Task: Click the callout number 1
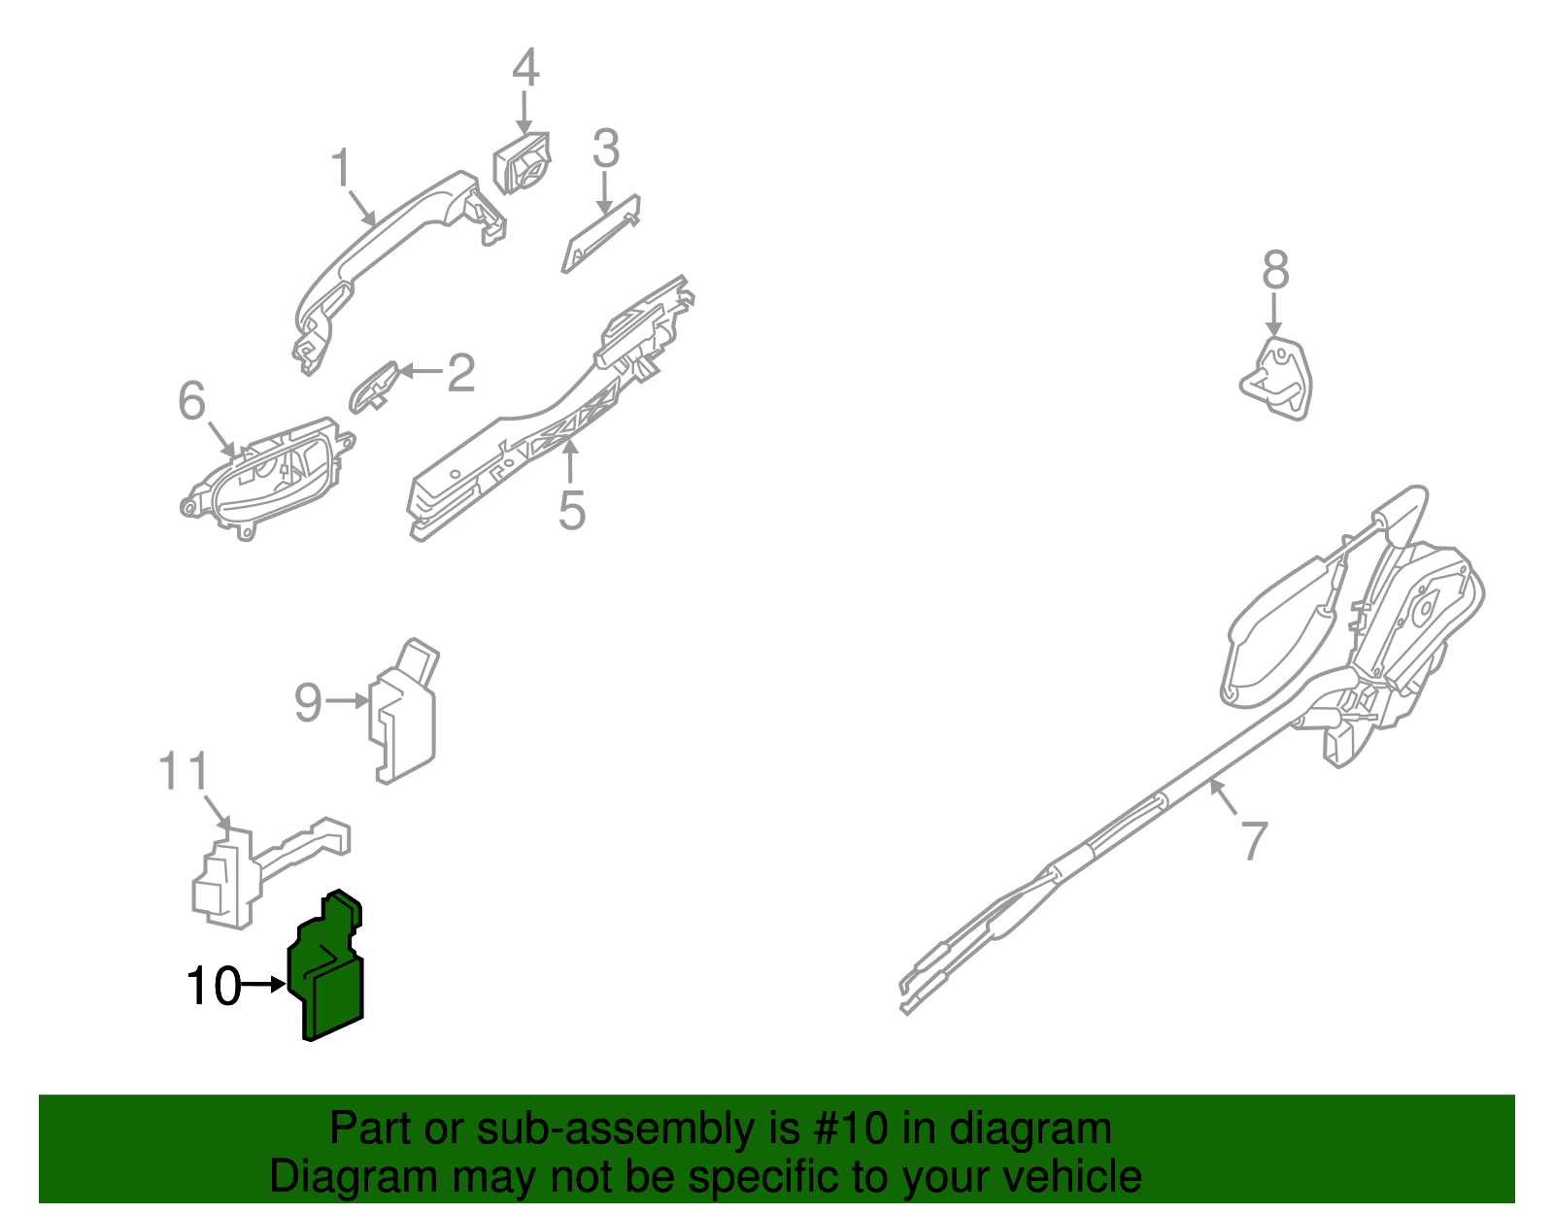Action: pos(341,169)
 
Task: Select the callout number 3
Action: pos(605,150)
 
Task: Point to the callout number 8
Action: pos(1275,270)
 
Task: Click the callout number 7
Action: pos(1254,841)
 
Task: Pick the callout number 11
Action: pos(184,771)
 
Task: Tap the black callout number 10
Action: pos(213,986)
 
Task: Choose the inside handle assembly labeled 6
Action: pos(267,476)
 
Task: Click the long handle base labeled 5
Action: pos(544,427)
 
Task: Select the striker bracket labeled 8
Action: pos(1277,378)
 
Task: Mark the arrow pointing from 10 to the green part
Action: pos(262,984)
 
